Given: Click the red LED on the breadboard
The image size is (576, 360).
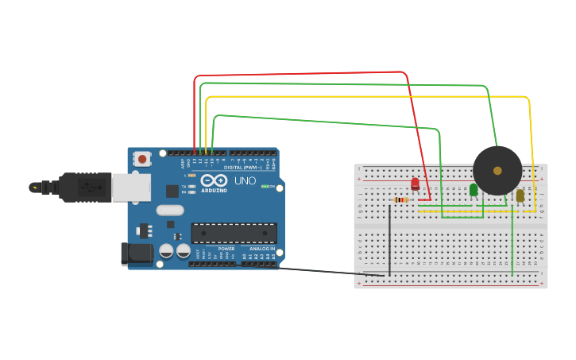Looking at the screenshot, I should [x=415, y=184].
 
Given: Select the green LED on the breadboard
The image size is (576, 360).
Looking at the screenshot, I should [x=474, y=189].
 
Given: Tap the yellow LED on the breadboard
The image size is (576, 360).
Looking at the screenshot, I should [x=520, y=195].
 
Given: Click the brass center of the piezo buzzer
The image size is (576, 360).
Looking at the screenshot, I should [x=497, y=170].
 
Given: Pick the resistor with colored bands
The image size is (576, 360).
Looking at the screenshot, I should [x=401, y=200].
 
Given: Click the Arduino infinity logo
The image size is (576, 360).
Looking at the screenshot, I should [x=214, y=180].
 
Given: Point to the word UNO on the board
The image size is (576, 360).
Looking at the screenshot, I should [x=245, y=180].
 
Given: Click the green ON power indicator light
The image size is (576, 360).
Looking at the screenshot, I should [x=264, y=186].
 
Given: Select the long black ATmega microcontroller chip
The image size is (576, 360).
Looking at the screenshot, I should [x=234, y=233].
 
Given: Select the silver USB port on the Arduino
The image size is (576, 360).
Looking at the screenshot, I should [x=131, y=188].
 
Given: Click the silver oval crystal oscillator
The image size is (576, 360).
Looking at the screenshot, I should [x=170, y=211].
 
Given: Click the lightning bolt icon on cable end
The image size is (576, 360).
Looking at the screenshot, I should [x=34, y=188].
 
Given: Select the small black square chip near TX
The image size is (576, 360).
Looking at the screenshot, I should [x=172, y=191].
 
